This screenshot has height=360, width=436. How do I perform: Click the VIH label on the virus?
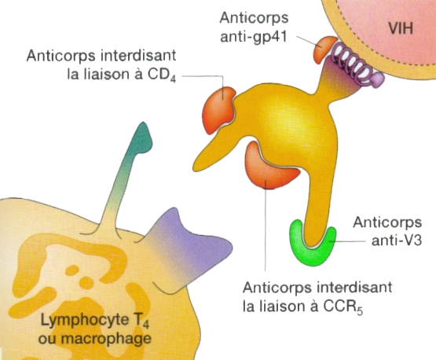click(x=401, y=28)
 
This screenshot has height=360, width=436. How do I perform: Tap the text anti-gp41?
click(x=253, y=37)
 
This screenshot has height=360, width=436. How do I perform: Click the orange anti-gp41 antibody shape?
click(x=324, y=50)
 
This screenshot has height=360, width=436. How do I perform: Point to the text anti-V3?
click(x=397, y=241)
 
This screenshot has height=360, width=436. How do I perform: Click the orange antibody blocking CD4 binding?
click(x=218, y=110)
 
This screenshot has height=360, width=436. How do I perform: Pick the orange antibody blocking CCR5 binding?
click(x=269, y=167)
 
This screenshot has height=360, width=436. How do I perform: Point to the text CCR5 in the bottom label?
click(x=343, y=307)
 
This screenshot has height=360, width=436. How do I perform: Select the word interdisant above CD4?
click(x=138, y=55)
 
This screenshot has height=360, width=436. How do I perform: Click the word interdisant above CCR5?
click(x=354, y=287)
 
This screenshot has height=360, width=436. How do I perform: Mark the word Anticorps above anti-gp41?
click(x=254, y=18)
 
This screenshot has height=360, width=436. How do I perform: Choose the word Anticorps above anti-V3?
click(x=387, y=222)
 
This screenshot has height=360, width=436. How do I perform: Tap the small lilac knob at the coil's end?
click(x=377, y=79)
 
